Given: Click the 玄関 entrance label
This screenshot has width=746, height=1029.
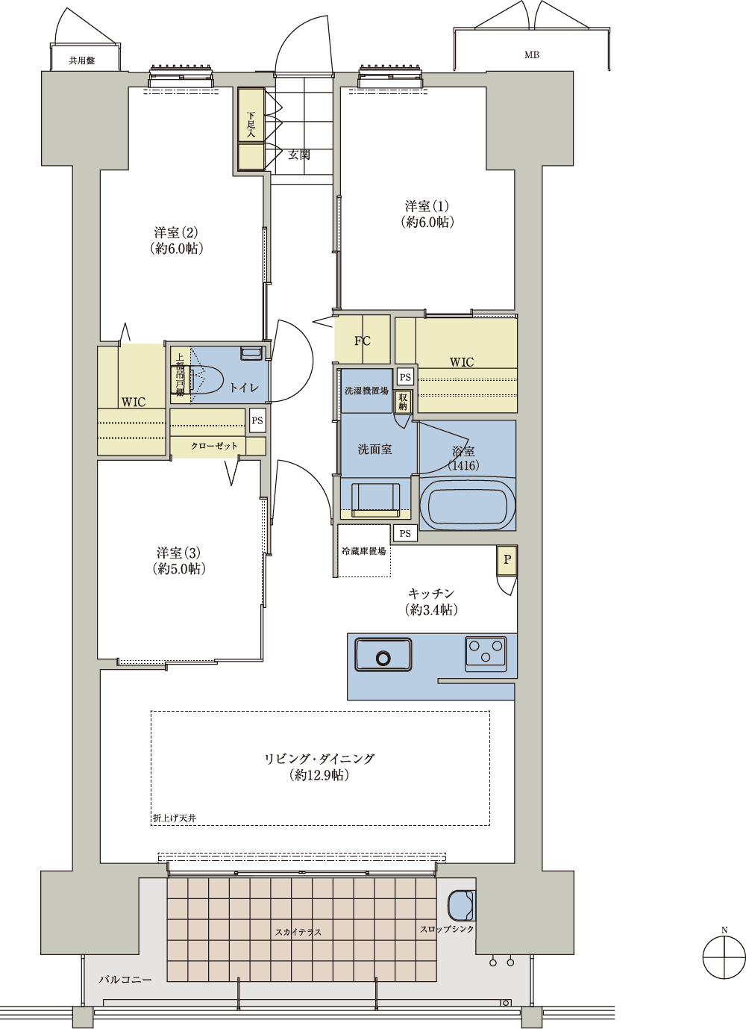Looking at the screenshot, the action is pos(298,155).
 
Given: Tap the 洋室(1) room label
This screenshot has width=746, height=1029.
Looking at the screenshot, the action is pos(427,206).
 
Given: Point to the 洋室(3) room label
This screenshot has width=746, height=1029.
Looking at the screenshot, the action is pos(178,553).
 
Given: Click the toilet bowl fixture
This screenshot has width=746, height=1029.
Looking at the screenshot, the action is pos(202,379).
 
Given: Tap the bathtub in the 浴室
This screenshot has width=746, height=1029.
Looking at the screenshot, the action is pos(467,504).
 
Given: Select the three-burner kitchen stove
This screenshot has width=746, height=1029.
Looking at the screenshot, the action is pos(486,653).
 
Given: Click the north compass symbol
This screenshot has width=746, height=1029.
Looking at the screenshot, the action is pos(724,958).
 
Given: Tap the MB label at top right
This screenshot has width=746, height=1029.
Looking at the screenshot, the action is pos(532,55).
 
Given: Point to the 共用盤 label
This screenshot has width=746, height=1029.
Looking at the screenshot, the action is pos(81,60).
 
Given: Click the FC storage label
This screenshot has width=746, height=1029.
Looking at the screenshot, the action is pos(362,341).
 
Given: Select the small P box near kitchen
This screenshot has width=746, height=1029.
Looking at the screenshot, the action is pos(507,559).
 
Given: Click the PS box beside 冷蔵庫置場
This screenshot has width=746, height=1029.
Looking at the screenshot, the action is pos(405,533).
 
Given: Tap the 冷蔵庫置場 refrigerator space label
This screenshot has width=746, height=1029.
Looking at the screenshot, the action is pos(364,551).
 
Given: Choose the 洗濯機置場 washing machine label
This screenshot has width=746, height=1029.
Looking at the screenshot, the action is pos(366,391).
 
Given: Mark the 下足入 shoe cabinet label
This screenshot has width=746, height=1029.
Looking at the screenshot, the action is pos(251,125).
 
